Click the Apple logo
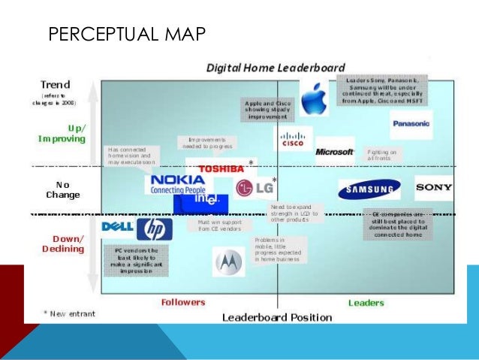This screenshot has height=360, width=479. click(313, 97)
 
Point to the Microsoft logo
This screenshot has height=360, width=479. click(334, 151)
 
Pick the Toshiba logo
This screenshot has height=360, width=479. click(221, 168)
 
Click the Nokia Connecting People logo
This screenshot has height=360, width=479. click(176, 184)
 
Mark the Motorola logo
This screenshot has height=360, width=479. click(228, 262)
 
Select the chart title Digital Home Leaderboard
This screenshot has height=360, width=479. click(276, 68)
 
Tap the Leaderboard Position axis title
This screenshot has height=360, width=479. click(276, 317)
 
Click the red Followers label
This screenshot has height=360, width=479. click(183, 302)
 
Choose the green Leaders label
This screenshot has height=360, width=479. click(366, 303)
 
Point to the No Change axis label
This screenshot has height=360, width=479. click(62, 189)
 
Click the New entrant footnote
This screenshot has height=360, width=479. click(69, 313)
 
